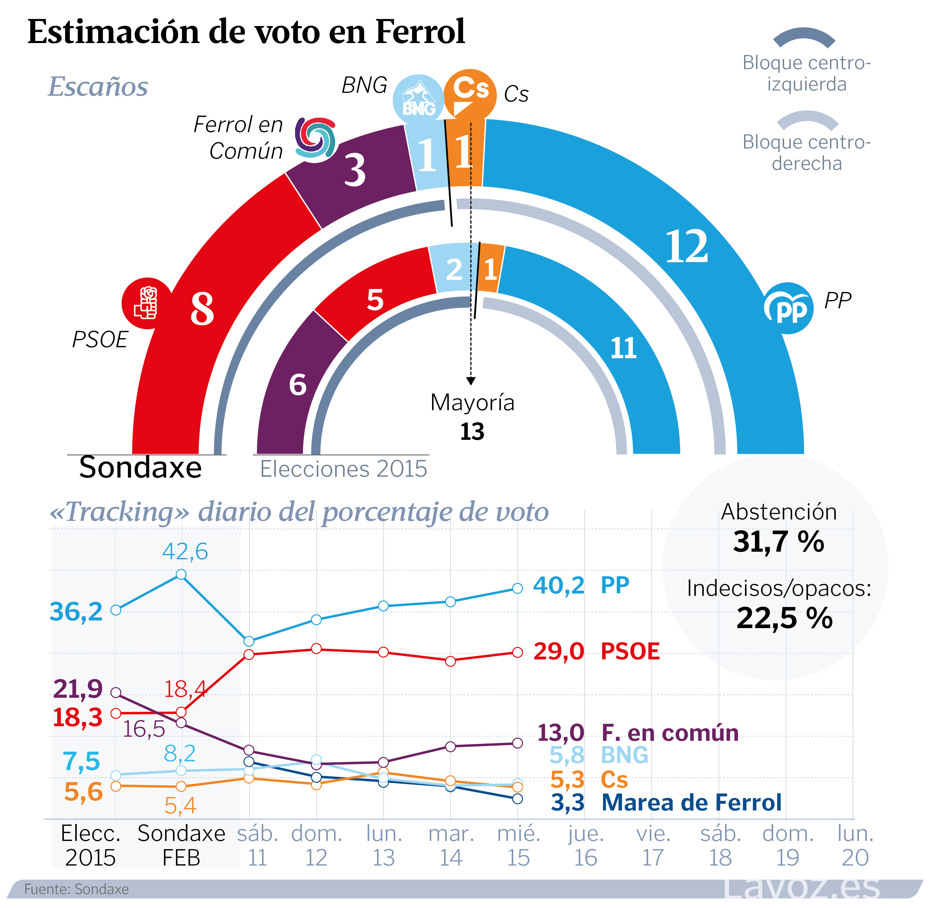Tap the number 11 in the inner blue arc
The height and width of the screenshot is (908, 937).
[x=623, y=348]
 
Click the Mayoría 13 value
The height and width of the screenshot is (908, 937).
[x=472, y=432]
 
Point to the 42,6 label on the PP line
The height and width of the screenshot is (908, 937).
[x=185, y=551]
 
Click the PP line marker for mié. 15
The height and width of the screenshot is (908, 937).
[x=517, y=588]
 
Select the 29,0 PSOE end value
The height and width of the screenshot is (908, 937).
[x=559, y=651]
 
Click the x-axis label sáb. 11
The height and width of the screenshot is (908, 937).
[x=258, y=846]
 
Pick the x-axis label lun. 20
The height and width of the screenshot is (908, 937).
[x=855, y=846]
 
